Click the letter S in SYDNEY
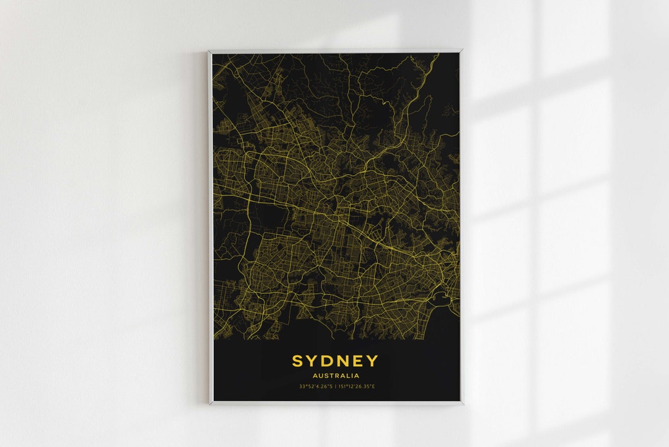coord(297,361)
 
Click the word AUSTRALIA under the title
coord(335,376)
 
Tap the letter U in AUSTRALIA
coord(321,376)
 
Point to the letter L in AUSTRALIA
coord(349,376)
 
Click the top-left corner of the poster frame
coord(209,51)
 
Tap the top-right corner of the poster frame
coord(461,51)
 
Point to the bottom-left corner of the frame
coord(209,404)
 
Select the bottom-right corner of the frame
coord(462,404)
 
